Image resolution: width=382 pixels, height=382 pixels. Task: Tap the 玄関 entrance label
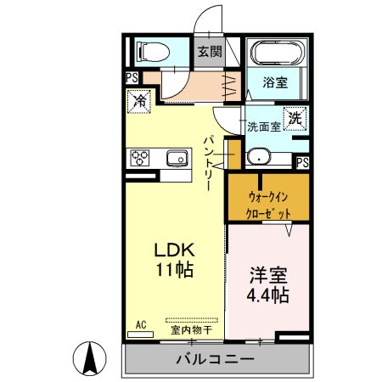pyautogui.click(x=210, y=51)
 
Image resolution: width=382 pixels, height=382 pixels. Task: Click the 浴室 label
pyautogui.click(x=273, y=83)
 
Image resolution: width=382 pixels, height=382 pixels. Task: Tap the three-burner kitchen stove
pyautogui.click(x=140, y=158)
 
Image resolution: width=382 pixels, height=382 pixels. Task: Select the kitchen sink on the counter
pyautogui.click(x=177, y=158)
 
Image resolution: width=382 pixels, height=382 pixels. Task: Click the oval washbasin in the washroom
pyautogui.click(x=258, y=158)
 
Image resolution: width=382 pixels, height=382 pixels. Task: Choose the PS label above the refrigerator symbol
pyautogui.click(x=132, y=78)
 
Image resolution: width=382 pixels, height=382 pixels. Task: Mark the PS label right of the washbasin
pyautogui.click(x=303, y=161)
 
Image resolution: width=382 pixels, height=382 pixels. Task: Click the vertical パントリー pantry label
pyautogui.click(x=208, y=162)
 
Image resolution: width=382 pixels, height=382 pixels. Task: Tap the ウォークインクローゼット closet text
pyautogui.click(x=269, y=205)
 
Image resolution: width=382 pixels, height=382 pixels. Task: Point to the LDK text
pyautogui.click(x=174, y=252)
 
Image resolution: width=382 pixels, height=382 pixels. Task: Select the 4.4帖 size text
pyautogui.click(x=267, y=295)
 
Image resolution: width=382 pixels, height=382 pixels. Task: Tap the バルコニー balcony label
pyautogui.click(x=214, y=359)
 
